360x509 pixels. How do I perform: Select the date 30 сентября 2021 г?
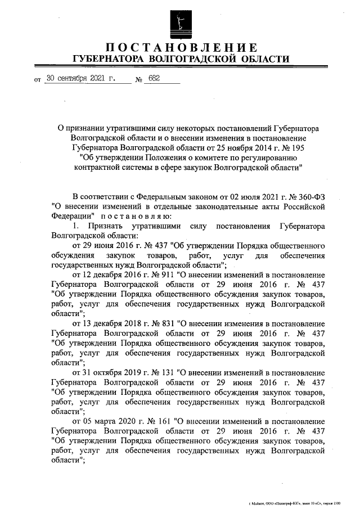coord(80,79)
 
